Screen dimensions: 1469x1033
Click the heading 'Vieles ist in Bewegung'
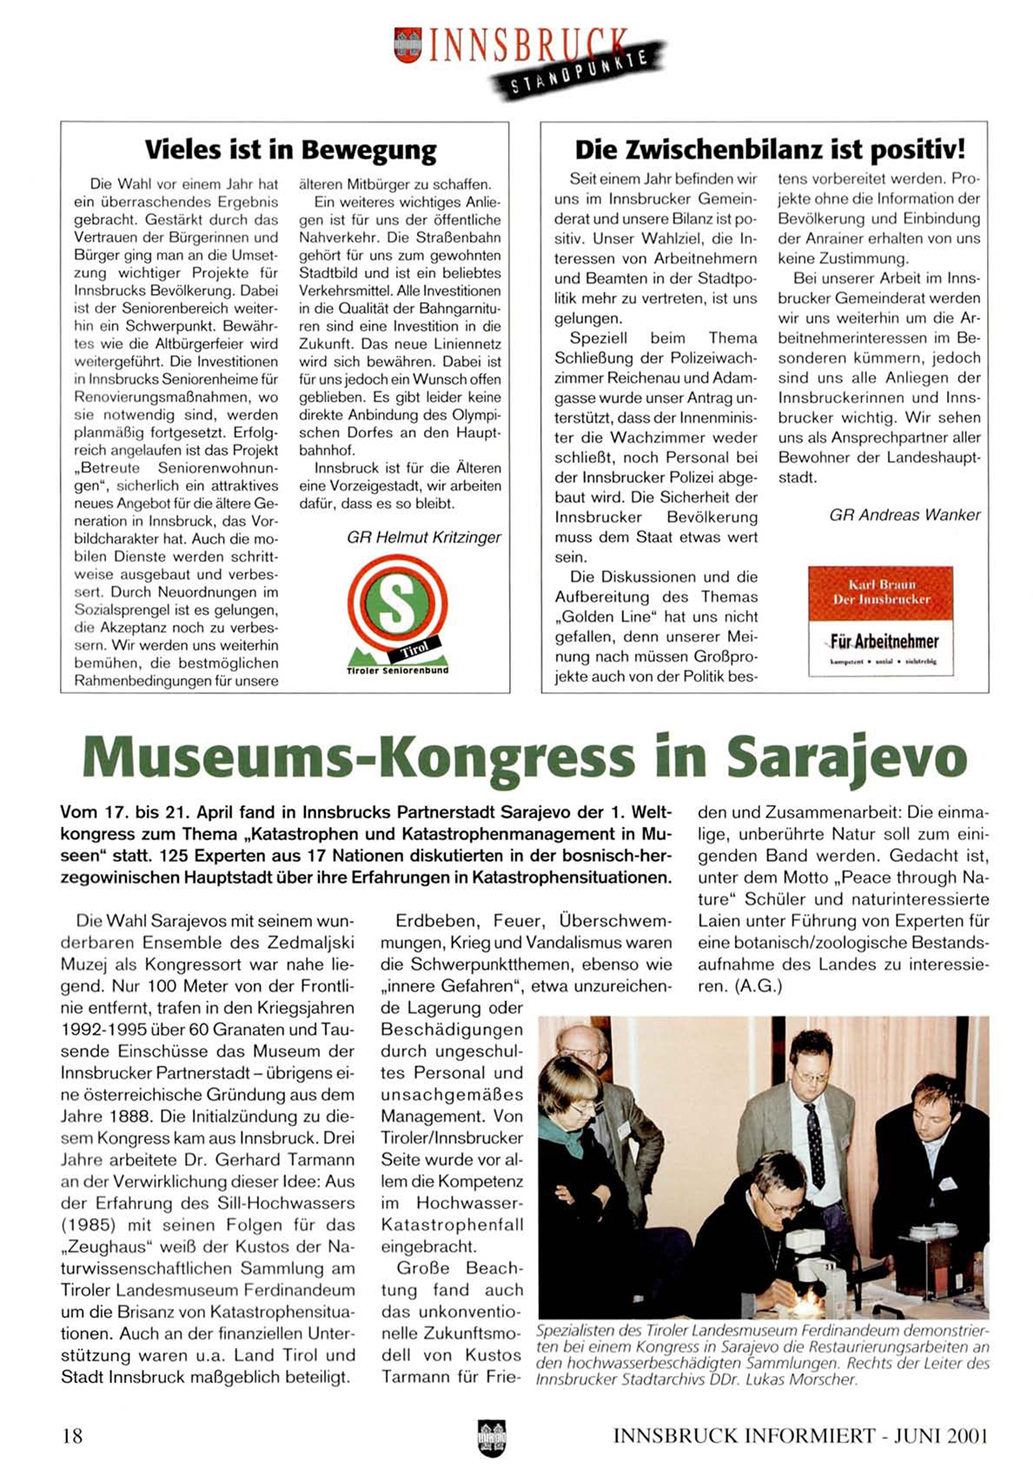[x=290, y=149]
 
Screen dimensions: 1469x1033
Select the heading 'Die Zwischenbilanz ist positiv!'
[x=770, y=149]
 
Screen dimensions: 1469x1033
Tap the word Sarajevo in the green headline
[x=846, y=755]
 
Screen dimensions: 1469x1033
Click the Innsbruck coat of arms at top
[x=406, y=44]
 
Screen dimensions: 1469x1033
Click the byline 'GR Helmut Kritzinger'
[x=424, y=537]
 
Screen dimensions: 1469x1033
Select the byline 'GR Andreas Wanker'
[x=904, y=514]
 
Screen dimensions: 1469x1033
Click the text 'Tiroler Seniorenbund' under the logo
[x=397, y=671]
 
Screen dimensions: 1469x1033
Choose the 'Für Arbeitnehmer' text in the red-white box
[x=884, y=641]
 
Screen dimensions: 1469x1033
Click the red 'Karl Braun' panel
[x=881, y=592]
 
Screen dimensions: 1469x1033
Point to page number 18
[x=72, y=1434]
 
